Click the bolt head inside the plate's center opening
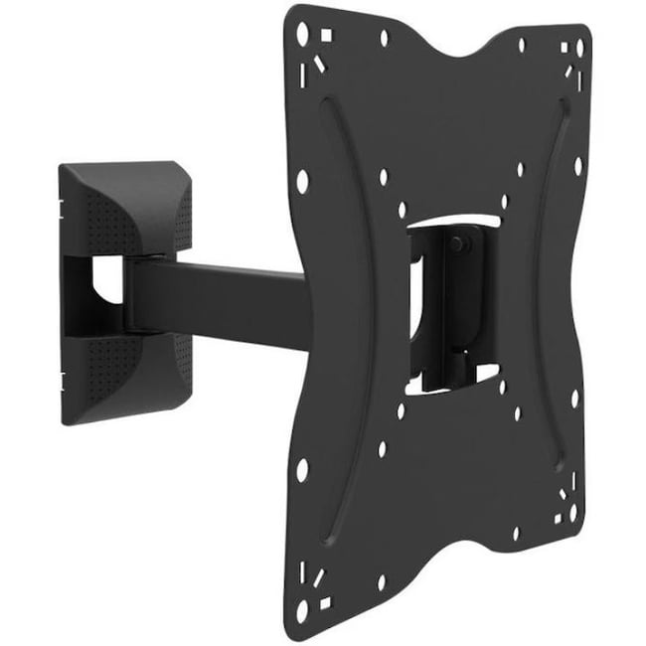(x=459, y=244)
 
